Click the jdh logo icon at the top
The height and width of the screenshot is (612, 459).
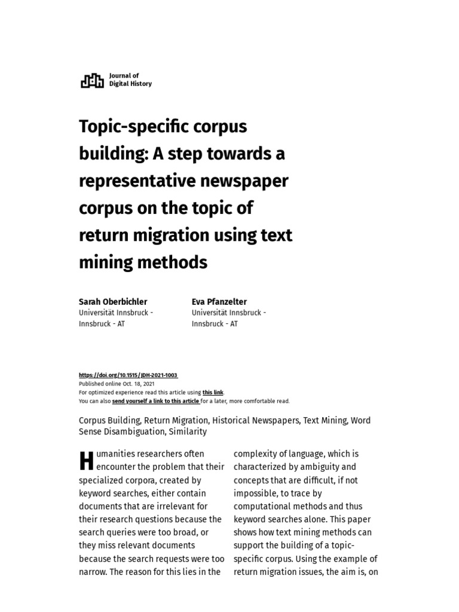tap(91, 80)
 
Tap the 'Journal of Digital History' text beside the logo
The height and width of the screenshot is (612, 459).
tap(130, 80)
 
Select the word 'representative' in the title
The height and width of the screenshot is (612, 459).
tap(140, 181)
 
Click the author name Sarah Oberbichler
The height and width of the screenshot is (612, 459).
tap(113, 302)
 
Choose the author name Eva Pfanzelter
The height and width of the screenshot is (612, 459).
tap(219, 302)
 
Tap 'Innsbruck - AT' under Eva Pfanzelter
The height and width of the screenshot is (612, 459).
tap(215, 324)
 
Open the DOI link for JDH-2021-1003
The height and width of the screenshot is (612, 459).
tap(128, 375)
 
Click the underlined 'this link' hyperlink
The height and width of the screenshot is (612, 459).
tap(212, 393)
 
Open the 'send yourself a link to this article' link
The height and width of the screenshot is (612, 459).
tap(155, 401)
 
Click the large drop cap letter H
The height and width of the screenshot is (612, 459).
tap(86, 461)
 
